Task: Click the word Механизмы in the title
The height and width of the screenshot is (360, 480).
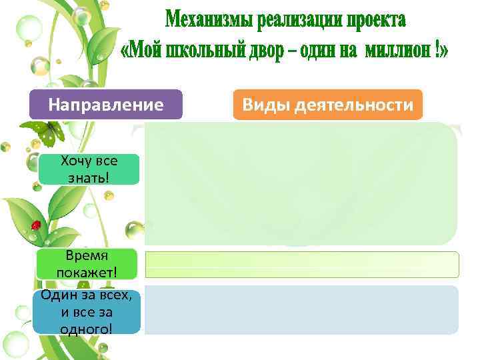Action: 206,21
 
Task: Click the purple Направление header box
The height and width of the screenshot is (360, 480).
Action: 105,105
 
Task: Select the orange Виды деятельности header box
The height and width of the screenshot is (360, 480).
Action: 328,105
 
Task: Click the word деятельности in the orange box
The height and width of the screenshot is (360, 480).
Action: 353,105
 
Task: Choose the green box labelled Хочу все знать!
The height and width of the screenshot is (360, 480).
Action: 89,169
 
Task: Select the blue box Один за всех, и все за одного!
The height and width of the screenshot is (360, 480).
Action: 85,310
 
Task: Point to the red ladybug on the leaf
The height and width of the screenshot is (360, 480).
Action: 36,225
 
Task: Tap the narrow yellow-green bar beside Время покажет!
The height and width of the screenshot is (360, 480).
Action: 302,264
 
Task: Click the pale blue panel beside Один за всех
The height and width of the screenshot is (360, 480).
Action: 302,310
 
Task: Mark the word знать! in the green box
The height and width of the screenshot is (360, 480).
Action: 89,177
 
